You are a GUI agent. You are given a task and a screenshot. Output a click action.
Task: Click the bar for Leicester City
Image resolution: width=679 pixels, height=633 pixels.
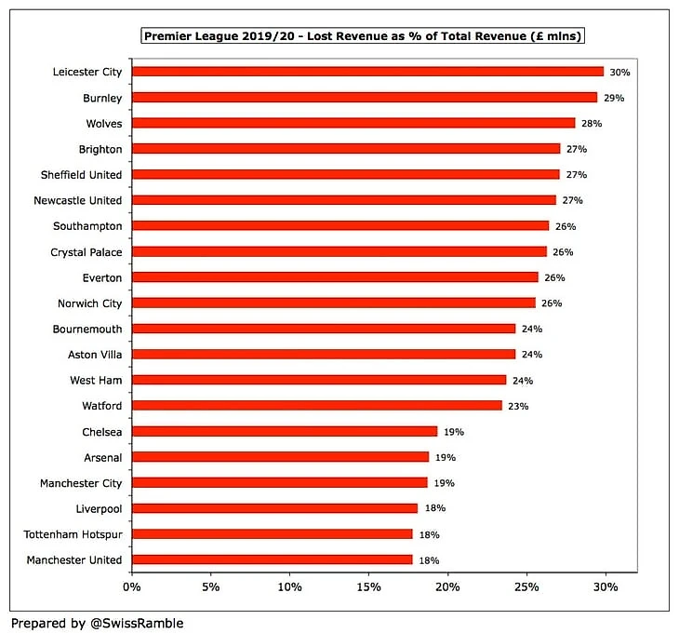pyautogui.click(x=367, y=72)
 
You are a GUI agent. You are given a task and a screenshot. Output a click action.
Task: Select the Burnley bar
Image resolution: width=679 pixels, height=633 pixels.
pyautogui.click(x=364, y=98)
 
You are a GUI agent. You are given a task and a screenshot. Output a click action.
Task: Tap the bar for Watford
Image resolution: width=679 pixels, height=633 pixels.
pyautogui.click(x=316, y=406)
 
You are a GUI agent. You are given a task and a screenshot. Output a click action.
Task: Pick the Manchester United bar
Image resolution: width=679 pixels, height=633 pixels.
pyautogui.click(x=272, y=560)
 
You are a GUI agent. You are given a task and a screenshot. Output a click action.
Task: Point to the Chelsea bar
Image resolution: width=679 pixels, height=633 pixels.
pyautogui.click(x=284, y=432)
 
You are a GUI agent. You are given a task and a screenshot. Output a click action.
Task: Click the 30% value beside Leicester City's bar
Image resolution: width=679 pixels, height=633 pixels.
pyautogui.click(x=620, y=72)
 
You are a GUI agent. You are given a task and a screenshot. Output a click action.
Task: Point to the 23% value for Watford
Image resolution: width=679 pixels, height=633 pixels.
pyautogui.click(x=519, y=406)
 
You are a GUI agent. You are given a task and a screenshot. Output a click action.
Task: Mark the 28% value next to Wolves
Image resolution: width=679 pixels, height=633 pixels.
pyautogui.click(x=592, y=123)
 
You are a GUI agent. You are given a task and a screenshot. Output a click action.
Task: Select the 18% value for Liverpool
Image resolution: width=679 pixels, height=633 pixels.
pyautogui.click(x=434, y=509)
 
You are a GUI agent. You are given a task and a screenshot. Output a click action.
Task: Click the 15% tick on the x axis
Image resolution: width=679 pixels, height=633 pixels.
pyautogui.click(x=368, y=587)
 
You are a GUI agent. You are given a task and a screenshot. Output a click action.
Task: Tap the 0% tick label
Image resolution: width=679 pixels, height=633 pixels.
pyautogui.click(x=131, y=587)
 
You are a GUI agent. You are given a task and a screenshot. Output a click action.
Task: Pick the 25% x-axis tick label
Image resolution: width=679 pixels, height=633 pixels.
pyautogui.click(x=526, y=587)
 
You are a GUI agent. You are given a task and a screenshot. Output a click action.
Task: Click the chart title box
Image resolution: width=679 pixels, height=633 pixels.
pyautogui.click(x=363, y=36)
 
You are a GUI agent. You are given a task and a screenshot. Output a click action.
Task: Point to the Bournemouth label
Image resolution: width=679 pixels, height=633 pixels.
pyautogui.click(x=88, y=329)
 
